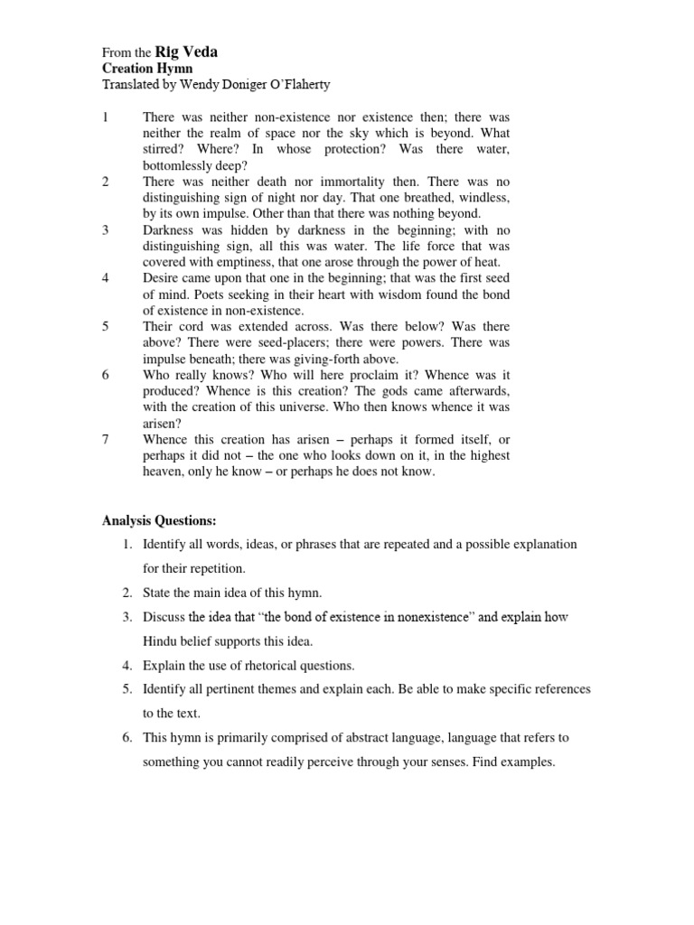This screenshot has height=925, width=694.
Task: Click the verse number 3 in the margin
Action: (x=106, y=230)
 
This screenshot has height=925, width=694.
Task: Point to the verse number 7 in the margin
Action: (x=106, y=440)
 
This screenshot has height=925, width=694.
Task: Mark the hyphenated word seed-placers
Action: (x=278, y=342)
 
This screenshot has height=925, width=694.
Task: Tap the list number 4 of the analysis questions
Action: (x=127, y=666)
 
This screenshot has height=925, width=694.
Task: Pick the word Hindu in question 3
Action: (x=162, y=641)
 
